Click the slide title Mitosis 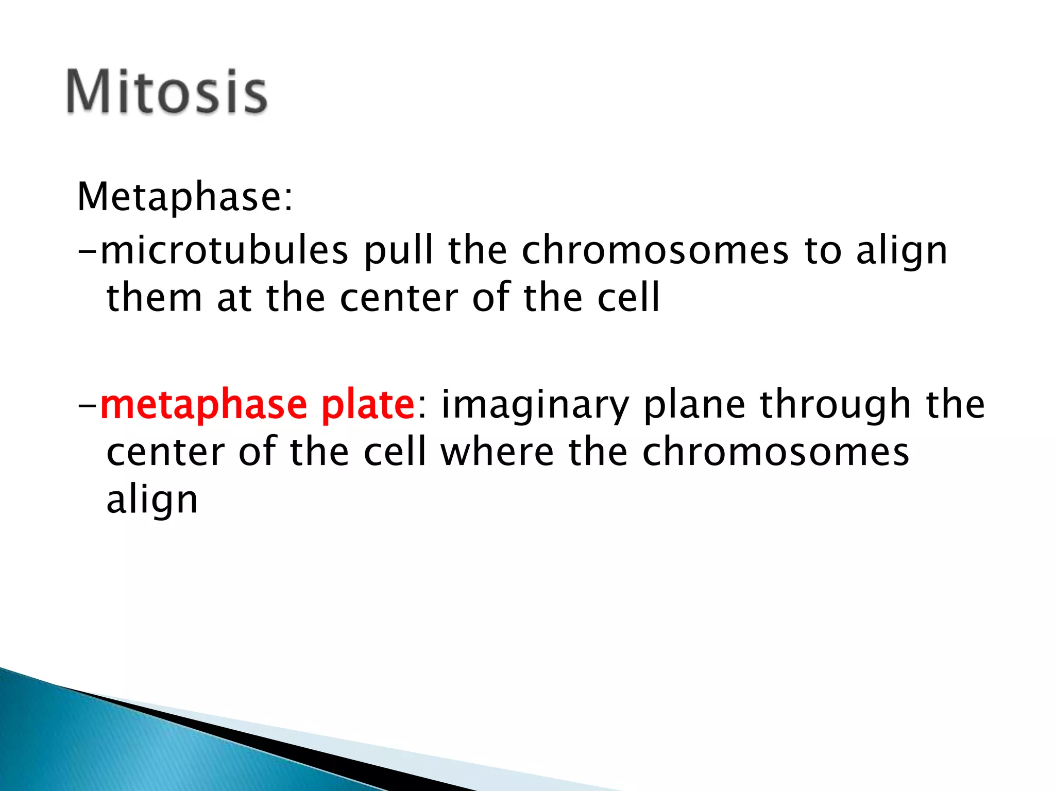coord(166,92)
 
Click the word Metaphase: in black coord(185,197)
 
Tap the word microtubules coord(225,251)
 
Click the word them coord(154,298)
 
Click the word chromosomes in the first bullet coord(655,251)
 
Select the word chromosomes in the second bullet coord(776,452)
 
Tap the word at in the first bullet coord(234,299)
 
